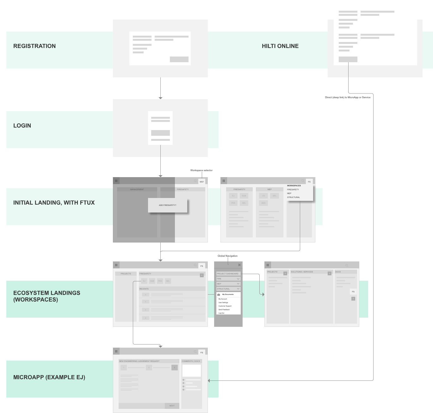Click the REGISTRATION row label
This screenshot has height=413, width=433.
[34, 46]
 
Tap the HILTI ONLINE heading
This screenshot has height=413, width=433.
[280, 46]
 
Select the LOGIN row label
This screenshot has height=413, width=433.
[22, 126]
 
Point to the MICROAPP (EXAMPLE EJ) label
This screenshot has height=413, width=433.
[49, 377]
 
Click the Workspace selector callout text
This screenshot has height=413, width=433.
[201, 171]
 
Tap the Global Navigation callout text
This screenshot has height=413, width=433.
[227, 256]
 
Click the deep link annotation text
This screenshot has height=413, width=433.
[348, 98]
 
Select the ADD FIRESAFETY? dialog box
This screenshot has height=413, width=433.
[168, 205]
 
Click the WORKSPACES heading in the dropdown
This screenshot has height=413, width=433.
[294, 186]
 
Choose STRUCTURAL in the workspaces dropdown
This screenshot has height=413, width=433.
[293, 197]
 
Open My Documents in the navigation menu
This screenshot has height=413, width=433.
[228, 294]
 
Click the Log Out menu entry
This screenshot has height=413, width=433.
[221, 313]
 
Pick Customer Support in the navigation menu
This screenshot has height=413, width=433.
[225, 306]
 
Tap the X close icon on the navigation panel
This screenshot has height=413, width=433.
[239, 265]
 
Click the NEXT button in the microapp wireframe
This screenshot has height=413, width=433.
[172, 406]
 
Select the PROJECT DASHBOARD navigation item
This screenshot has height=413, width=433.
[228, 274]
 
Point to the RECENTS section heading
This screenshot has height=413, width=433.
[144, 289]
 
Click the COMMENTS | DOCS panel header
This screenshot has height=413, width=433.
[191, 361]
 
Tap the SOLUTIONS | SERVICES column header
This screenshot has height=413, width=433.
[302, 272]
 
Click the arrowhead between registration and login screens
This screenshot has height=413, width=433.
[160, 98]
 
